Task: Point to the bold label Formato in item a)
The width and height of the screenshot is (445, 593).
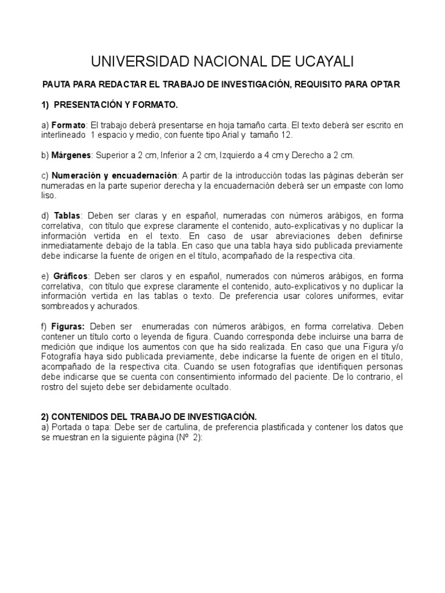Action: [x=68, y=125]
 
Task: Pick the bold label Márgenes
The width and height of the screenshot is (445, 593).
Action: [x=71, y=155]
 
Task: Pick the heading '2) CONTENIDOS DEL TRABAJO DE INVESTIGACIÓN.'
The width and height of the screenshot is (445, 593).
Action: [x=148, y=417]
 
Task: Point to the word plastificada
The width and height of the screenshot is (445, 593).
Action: [x=278, y=427]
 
